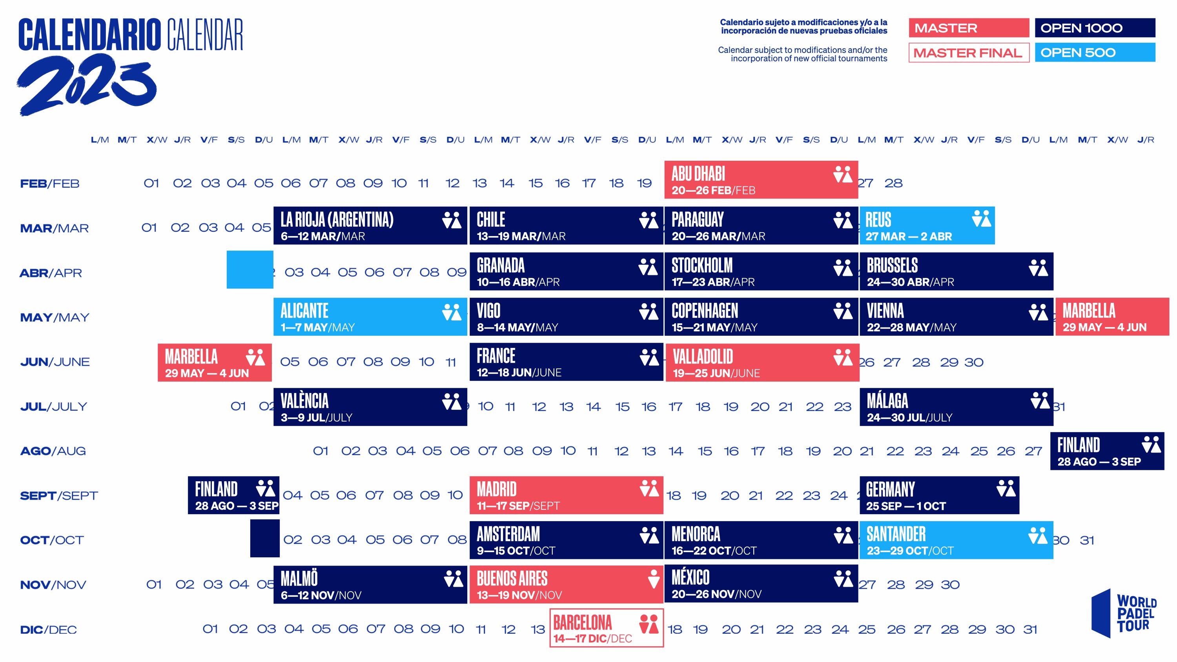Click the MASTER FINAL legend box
(968, 53)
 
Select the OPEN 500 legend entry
(1094, 53)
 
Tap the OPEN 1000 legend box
(1094, 28)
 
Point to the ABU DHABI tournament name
(698, 174)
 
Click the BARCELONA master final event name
(582, 622)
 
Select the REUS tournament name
(878, 220)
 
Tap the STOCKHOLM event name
(702, 266)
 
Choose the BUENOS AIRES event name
(512, 579)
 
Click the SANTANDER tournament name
(896, 534)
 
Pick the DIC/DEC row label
(48, 629)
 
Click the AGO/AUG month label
(53, 451)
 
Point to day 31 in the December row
(1030, 629)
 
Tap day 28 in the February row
(893, 183)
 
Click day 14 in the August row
(676, 451)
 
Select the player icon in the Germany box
(1006, 488)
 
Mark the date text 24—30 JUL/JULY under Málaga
(909, 418)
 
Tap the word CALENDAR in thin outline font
(205, 35)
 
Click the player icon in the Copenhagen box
(843, 311)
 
